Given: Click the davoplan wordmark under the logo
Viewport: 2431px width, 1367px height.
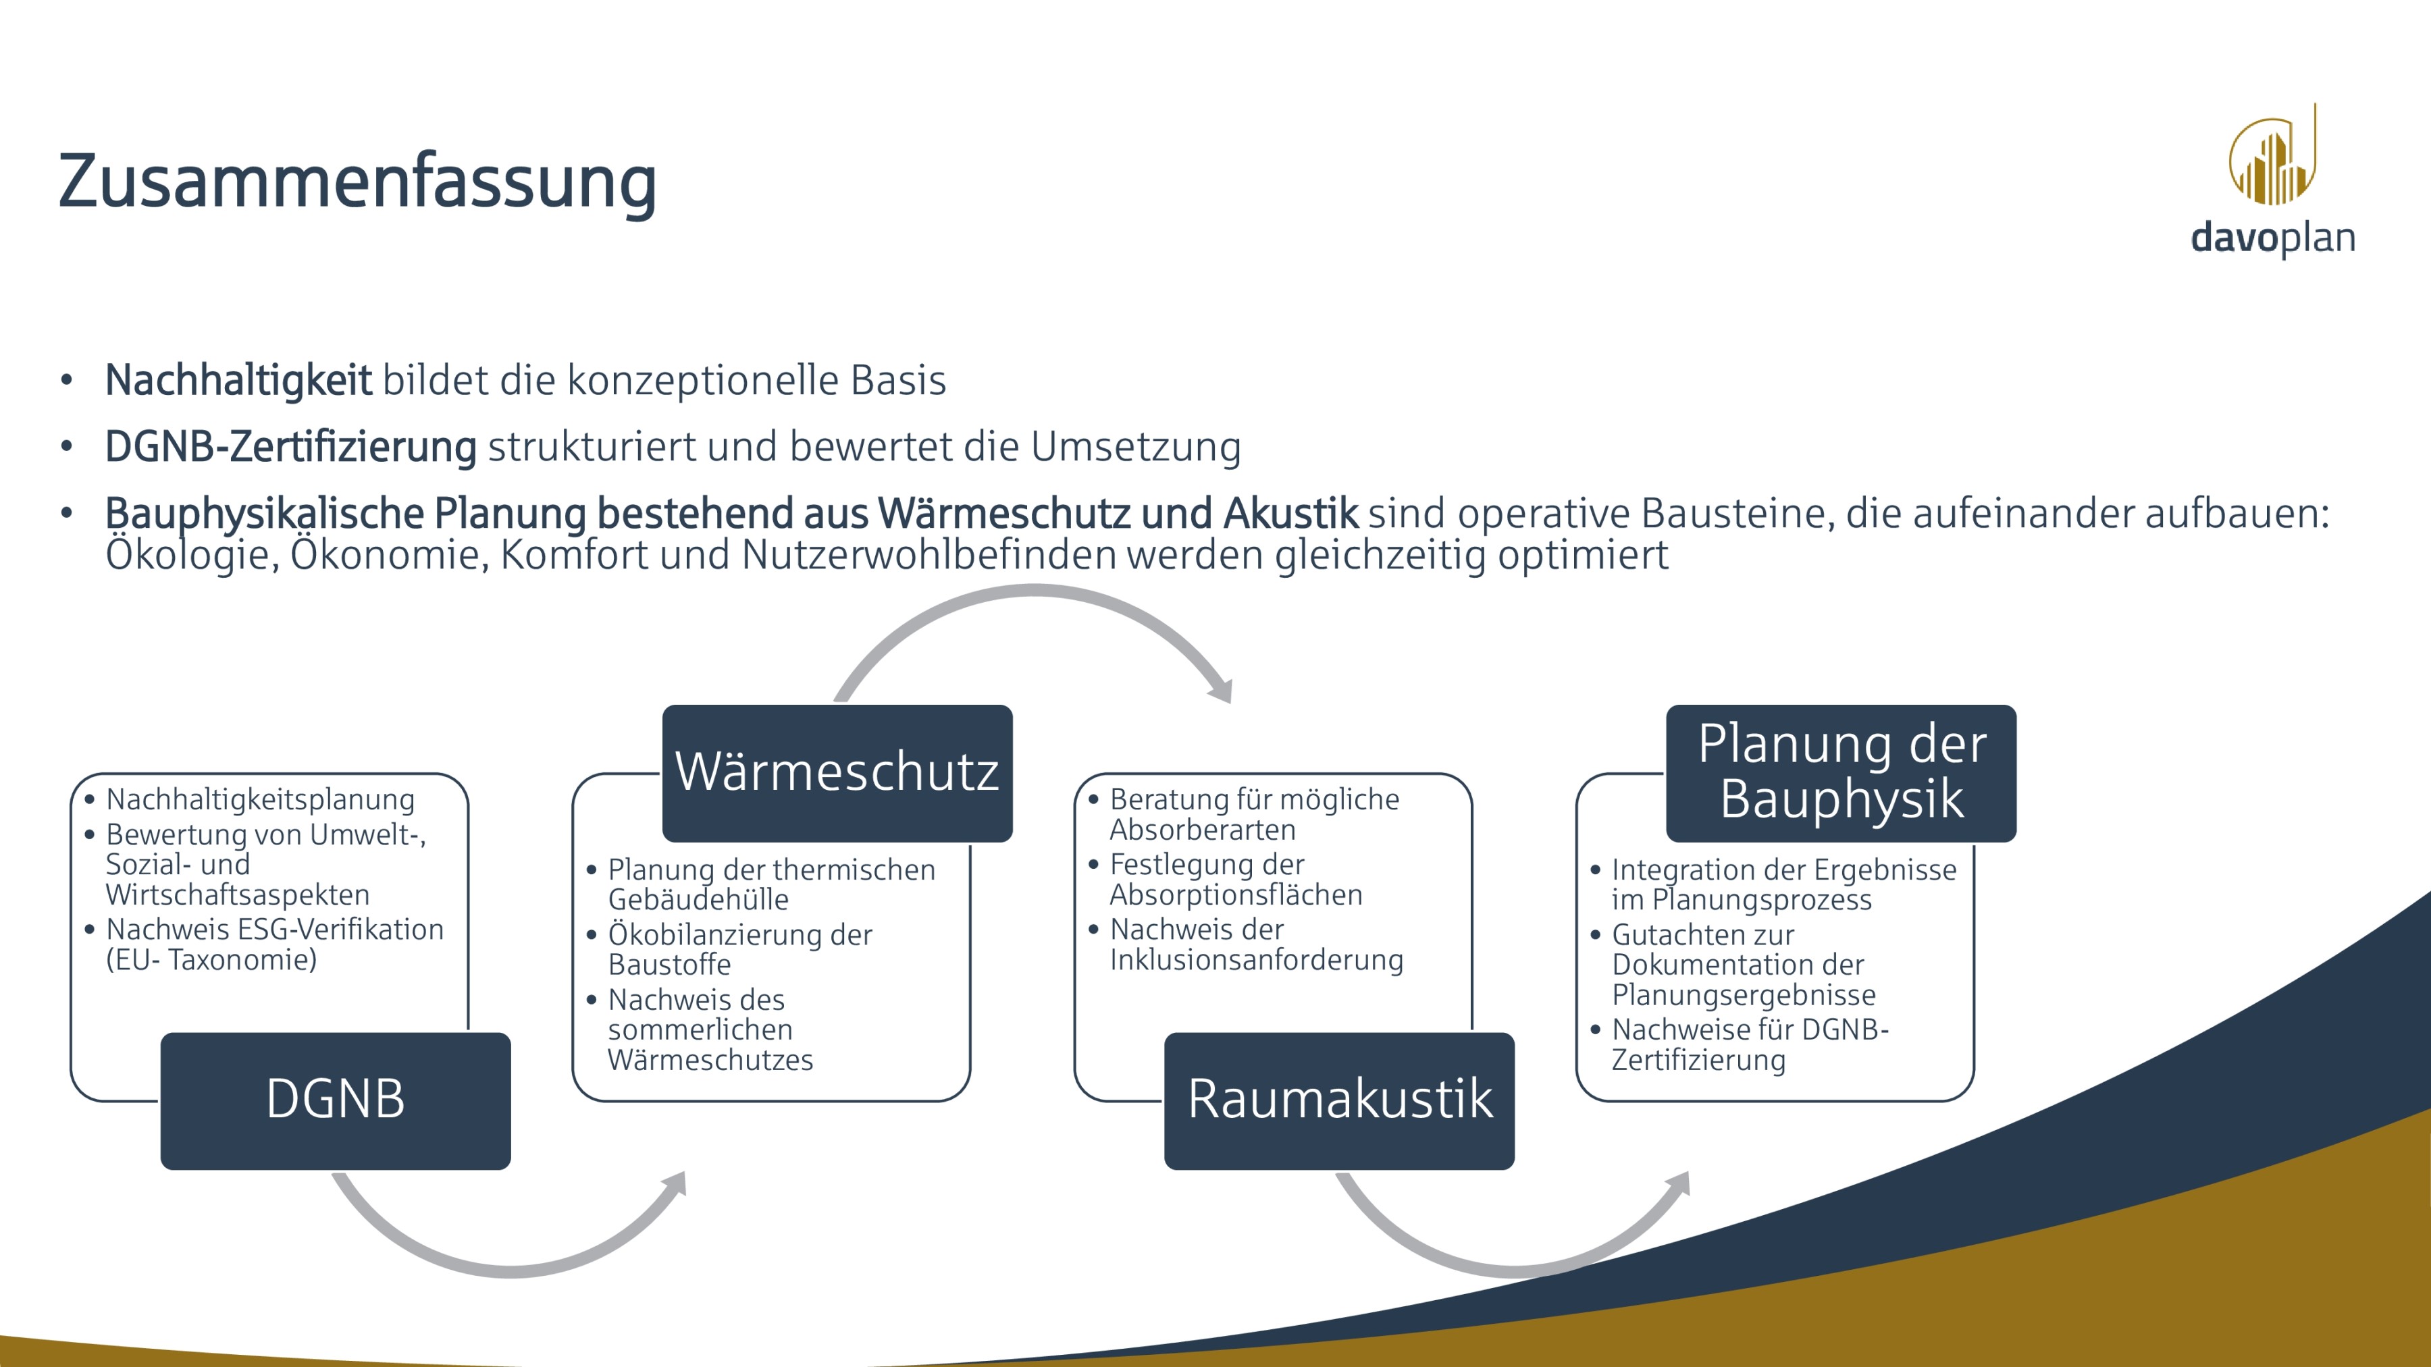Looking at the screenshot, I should tap(2272, 238).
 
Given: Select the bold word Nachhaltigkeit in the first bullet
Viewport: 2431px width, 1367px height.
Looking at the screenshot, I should tap(238, 380).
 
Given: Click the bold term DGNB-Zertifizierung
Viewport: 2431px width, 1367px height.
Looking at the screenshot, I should tap(290, 446).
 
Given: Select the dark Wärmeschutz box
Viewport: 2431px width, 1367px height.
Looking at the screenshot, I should tap(837, 773).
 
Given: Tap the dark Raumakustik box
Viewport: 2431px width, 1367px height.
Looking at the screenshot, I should tap(1339, 1100).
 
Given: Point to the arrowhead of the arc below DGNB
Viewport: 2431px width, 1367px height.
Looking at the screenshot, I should tap(675, 1185).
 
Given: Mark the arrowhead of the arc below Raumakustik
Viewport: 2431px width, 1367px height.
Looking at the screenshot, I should tap(1678, 1185).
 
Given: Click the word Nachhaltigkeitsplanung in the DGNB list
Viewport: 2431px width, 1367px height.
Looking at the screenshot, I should tap(259, 799).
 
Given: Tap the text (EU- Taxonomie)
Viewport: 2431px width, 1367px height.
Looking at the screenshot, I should tap(211, 959).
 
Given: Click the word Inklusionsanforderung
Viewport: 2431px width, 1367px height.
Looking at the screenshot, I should tap(1255, 959).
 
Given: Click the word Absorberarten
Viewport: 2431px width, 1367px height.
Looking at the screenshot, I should tap(1201, 830).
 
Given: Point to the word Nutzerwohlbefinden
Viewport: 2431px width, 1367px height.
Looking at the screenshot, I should tap(929, 555).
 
